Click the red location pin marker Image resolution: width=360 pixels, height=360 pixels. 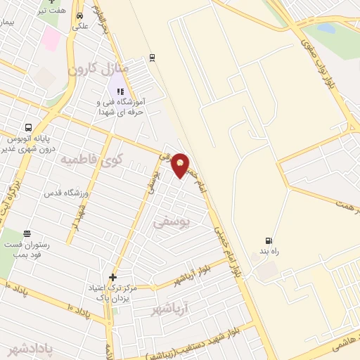[181, 165]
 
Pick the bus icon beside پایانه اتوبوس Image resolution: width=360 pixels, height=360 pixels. [27, 128]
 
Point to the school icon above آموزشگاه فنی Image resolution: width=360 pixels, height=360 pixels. [119, 91]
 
